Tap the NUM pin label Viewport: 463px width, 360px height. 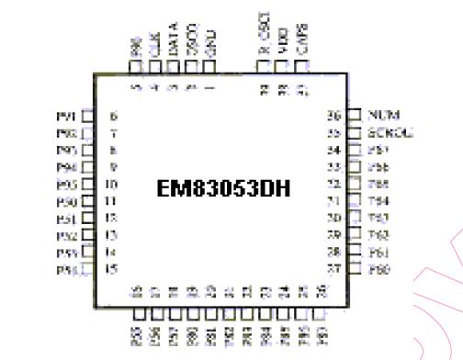coord(381,116)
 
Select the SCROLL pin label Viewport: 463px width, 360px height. coord(390,132)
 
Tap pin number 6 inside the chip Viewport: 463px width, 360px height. coord(113,116)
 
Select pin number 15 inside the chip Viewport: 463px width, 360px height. coord(112,269)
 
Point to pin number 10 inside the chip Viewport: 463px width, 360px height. coord(112,184)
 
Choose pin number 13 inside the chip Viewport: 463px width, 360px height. coord(112,235)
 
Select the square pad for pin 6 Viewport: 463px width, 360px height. coord(88,116)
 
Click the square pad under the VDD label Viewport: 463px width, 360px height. coord(283,67)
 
